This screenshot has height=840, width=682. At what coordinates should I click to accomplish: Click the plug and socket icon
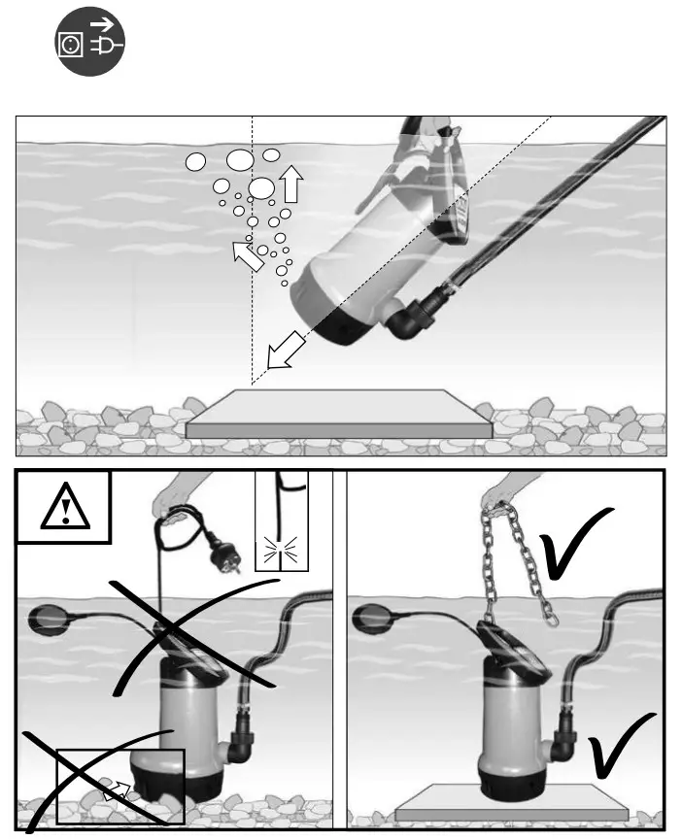89,46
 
